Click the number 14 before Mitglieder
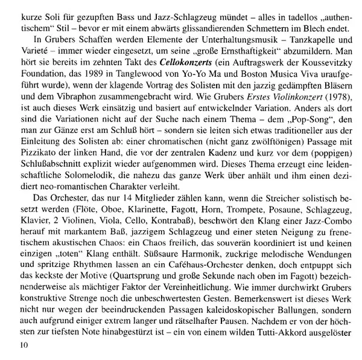pyautogui.click(x=110, y=231)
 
